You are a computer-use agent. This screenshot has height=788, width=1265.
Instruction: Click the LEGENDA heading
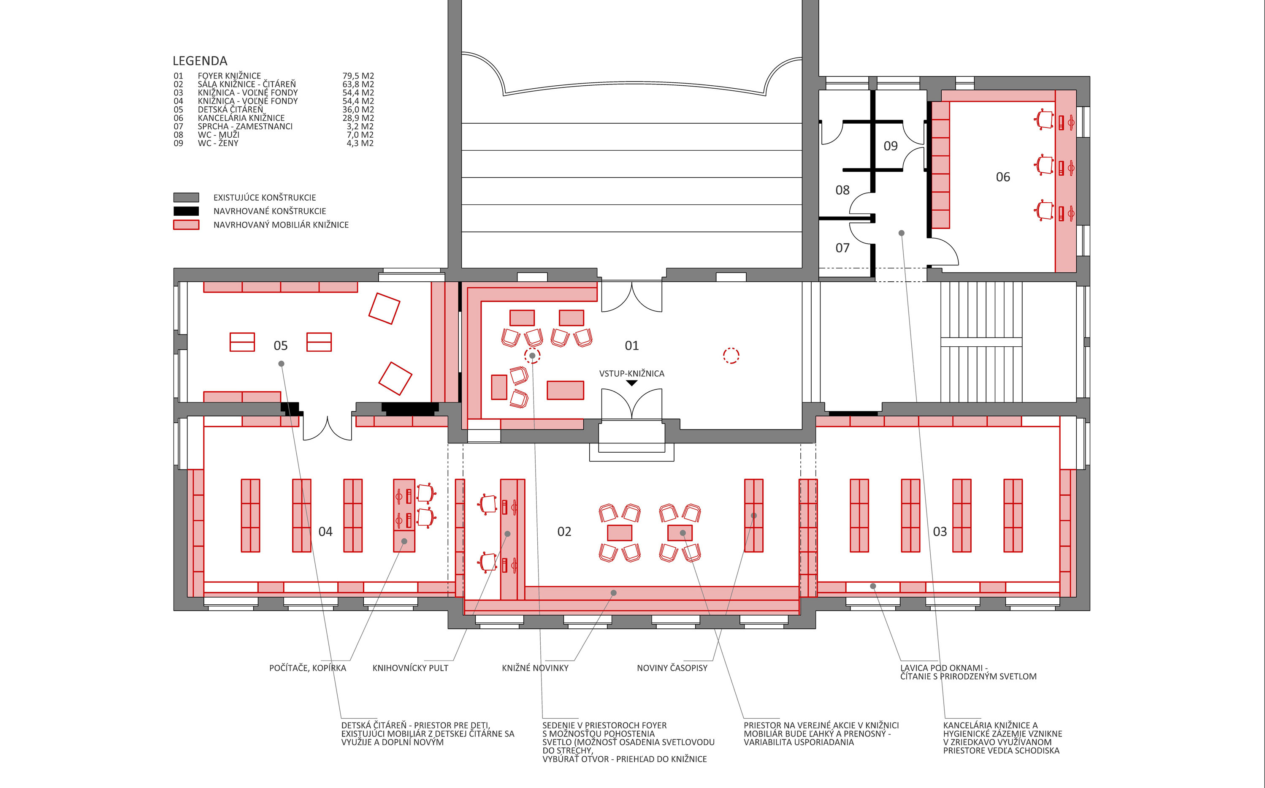pyautogui.click(x=200, y=61)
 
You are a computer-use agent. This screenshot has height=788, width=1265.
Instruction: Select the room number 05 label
pyautogui.click(x=281, y=345)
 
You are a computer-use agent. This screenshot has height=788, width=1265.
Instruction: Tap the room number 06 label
pyautogui.click(x=1003, y=177)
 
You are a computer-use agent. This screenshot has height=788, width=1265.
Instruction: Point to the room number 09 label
pyautogui.click(x=891, y=146)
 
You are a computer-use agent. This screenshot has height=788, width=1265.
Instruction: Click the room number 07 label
pyautogui.click(x=842, y=248)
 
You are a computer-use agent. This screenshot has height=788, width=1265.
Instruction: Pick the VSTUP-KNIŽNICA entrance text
pyautogui.click(x=632, y=374)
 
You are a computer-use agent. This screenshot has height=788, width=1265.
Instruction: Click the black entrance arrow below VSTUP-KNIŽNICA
pyautogui.click(x=632, y=383)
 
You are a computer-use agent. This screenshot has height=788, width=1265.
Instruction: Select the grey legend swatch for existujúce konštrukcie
pyautogui.click(x=186, y=198)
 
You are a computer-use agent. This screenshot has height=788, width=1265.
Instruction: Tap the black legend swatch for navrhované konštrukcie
pyautogui.click(x=186, y=211)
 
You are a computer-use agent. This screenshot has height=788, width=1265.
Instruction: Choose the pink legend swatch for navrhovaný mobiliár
pyautogui.click(x=186, y=225)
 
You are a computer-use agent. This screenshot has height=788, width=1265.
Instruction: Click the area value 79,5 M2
pyautogui.click(x=358, y=76)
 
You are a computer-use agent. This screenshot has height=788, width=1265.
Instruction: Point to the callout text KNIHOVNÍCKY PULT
pyautogui.click(x=410, y=668)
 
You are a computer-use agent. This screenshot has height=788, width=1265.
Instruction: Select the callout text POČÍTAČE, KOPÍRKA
pyautogui.click(x=308, y=668)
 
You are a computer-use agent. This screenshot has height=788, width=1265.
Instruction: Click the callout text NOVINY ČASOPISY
pyautogui.click(x=672, y=668)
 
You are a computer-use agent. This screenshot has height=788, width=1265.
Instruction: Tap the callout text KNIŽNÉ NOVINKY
pyautogui.click(x=535, y=668)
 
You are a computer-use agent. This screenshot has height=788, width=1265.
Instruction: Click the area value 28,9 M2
pyautogui.click(x=358, y=118)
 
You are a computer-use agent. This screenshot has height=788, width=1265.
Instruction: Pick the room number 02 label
pyautogui.click(x=564, y=532)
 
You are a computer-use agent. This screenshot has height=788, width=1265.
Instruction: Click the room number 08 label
pyautogui.click(x=842, y=190)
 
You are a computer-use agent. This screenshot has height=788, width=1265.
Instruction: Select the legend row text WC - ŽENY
pyautogui.click(x=218, y=143)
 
